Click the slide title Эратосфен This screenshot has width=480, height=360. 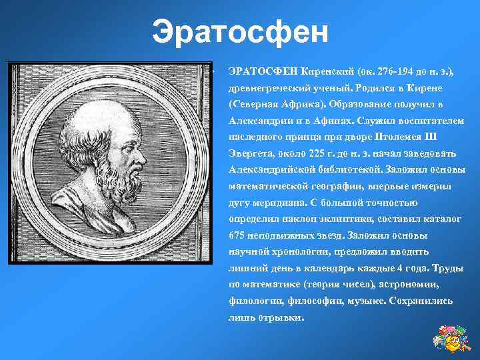click(x=240, y=31)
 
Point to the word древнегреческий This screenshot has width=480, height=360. click(x=268, y=88)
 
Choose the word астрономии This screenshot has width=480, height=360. click(x=410, y=285)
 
